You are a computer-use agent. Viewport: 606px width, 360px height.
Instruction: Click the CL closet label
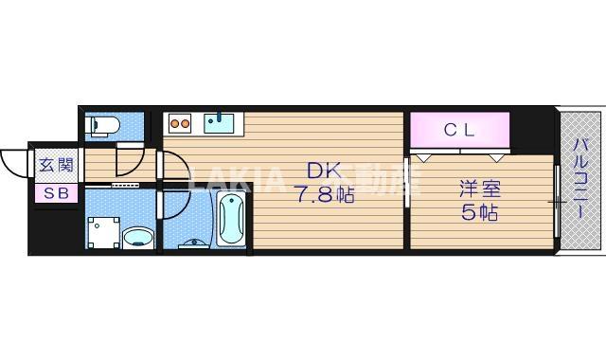coord(459,130)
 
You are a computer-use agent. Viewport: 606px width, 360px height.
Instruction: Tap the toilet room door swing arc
coord(131,161)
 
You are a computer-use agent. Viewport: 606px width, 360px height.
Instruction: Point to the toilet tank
coord(91,125)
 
